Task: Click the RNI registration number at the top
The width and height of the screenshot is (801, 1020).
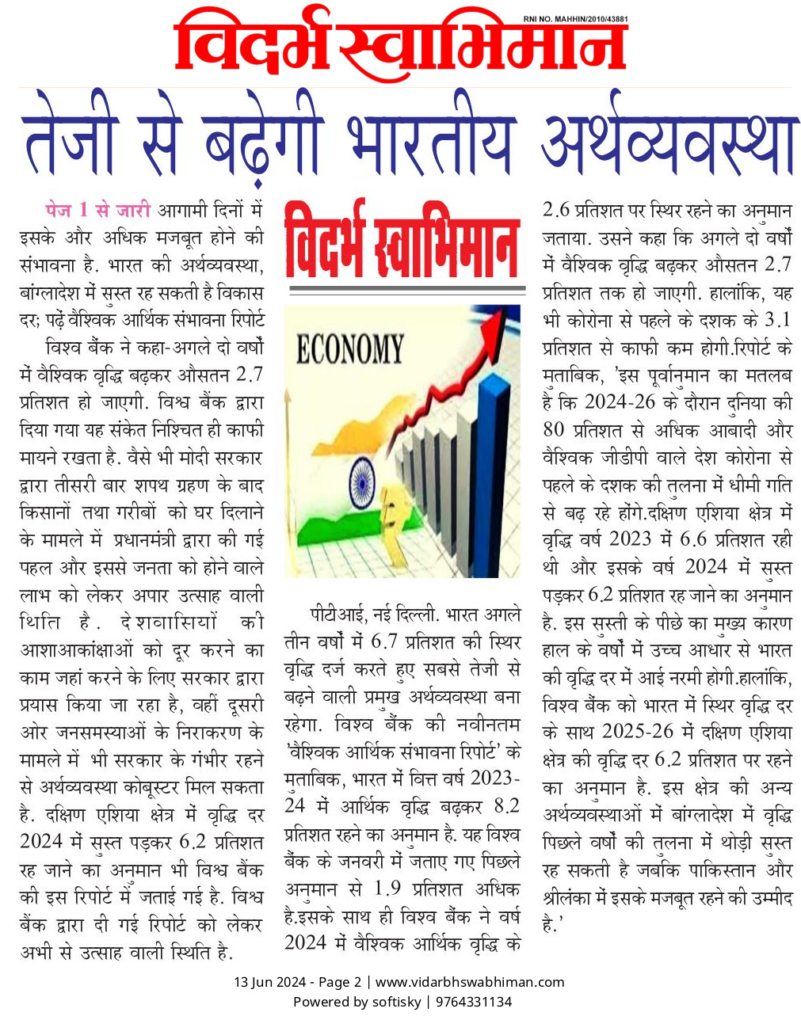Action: pos(576,18)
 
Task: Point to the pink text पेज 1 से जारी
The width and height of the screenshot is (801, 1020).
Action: pos(97,211)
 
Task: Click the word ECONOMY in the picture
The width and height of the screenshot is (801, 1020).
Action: pos(349,348)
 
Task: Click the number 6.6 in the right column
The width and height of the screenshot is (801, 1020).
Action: pos(698,539)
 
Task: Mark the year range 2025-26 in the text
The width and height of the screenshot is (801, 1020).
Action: pos(638,731)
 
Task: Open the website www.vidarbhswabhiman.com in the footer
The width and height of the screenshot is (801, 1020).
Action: pos(470,982)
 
